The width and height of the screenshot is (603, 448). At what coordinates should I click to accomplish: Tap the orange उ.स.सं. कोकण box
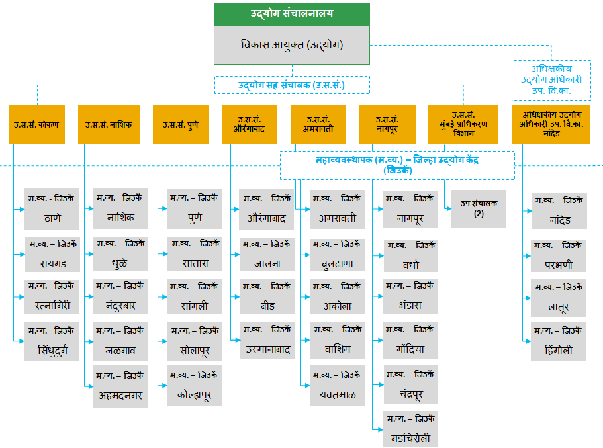[37, 124]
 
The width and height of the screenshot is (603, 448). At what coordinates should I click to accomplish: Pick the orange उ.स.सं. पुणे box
[180, 124]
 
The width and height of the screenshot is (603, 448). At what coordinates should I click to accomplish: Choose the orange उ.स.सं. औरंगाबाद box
[250, 124]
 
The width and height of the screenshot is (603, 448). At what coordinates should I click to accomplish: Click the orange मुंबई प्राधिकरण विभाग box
[463, 124]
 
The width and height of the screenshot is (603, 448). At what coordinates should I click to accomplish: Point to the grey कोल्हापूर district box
[193, 386]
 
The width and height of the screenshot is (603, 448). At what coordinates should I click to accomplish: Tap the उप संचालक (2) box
[479, 209]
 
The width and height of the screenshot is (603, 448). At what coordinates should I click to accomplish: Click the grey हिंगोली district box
[557, 341]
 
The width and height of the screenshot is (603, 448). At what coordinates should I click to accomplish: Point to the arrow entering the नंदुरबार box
[90, 298]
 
